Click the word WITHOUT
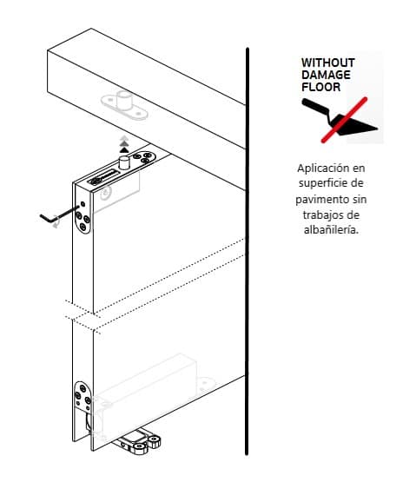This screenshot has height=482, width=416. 327,63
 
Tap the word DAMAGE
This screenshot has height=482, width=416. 326,75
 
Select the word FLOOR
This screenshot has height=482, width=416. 321,87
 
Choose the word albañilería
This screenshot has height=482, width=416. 331,230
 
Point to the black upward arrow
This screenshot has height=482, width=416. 124,150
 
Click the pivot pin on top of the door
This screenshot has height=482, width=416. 124,162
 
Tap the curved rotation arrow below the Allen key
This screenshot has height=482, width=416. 56,225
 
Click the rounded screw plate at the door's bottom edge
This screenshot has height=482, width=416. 83,397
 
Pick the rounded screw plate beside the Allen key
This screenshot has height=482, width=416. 83,216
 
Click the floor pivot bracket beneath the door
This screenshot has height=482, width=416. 137,443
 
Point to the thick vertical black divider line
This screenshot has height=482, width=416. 247,251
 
